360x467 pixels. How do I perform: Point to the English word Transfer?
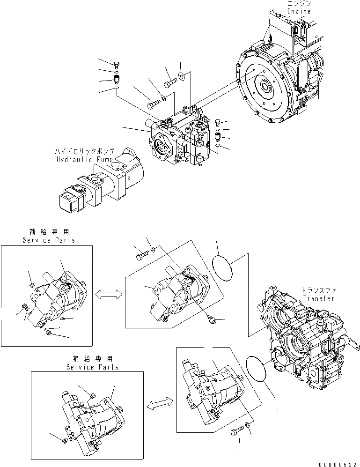(318, 298)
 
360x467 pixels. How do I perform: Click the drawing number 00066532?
(335, 462)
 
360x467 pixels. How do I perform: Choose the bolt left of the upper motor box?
(143, 256)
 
